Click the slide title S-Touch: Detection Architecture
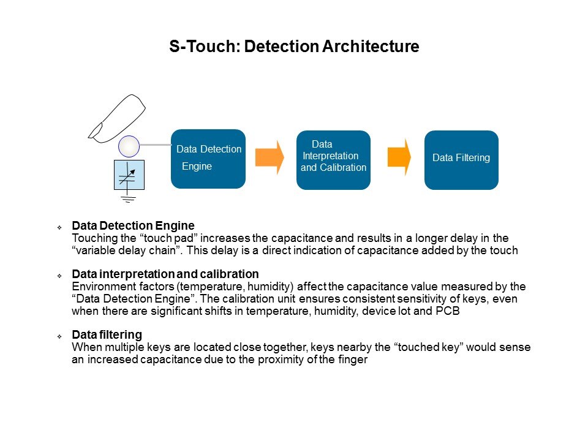(294, 47)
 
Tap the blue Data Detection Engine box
(208, 159)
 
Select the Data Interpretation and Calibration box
(333, 160)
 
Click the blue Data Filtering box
(461, 160)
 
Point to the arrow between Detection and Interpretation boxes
(269, 157)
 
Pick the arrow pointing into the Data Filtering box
(399, 157)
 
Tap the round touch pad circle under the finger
(129, 146)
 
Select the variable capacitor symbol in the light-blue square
(129, 174)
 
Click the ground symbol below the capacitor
(129, 197)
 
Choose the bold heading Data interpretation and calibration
(165, 274)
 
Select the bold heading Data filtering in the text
(107, 335)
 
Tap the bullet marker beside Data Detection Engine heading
(60, 227)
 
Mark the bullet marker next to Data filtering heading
(60, 336)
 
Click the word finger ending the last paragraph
(352, 360)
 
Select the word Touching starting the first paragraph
(92, 238)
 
